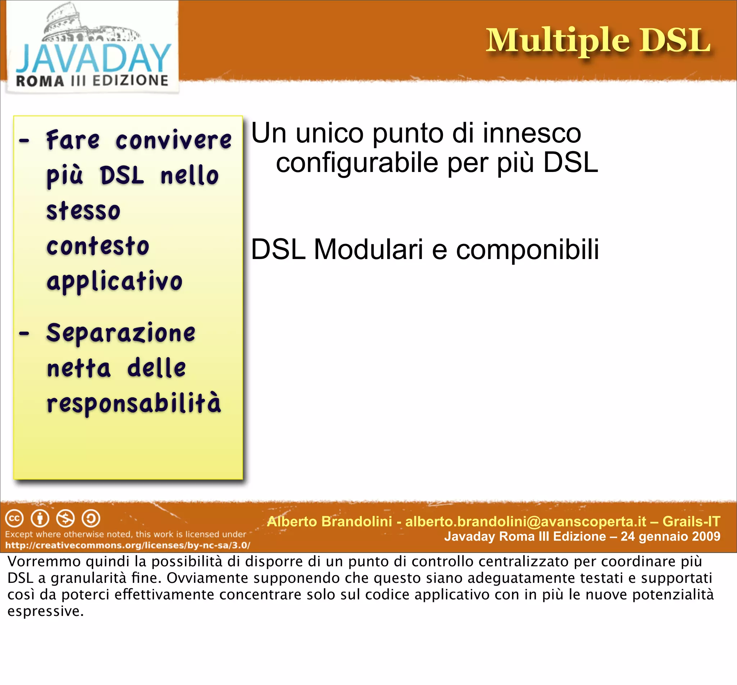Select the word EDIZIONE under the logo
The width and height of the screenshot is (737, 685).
point(130,81)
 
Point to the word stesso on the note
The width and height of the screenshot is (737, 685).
point(83,211)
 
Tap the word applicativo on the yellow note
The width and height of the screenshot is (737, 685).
point(114,282)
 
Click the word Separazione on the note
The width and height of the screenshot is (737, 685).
point(121,332)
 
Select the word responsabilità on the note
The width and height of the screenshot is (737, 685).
point(134,403)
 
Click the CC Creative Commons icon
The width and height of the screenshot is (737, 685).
point(14,518)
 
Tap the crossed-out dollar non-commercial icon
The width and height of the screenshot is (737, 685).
point(65,518)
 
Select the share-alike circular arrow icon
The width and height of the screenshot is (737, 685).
point(91,518)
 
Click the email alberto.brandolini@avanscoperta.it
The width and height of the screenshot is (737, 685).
point(526,521)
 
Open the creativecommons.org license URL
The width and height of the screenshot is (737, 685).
point(127,545)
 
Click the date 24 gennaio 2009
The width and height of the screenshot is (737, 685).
point(670,536)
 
